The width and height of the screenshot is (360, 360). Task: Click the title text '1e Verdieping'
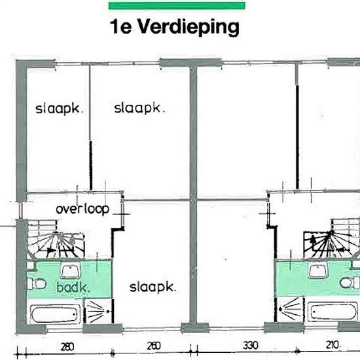[175, 27]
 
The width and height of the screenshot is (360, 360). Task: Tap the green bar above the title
[177, 6]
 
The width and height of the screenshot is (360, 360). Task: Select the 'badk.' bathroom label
[73, 287]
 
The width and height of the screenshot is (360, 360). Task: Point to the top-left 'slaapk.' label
[60, 109]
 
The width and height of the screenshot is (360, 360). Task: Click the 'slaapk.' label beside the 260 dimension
[153, 287]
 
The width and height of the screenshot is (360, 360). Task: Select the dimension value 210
[333, 346]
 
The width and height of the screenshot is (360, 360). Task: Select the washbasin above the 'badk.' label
[69, 269]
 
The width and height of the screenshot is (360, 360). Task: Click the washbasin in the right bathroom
[321, 270]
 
